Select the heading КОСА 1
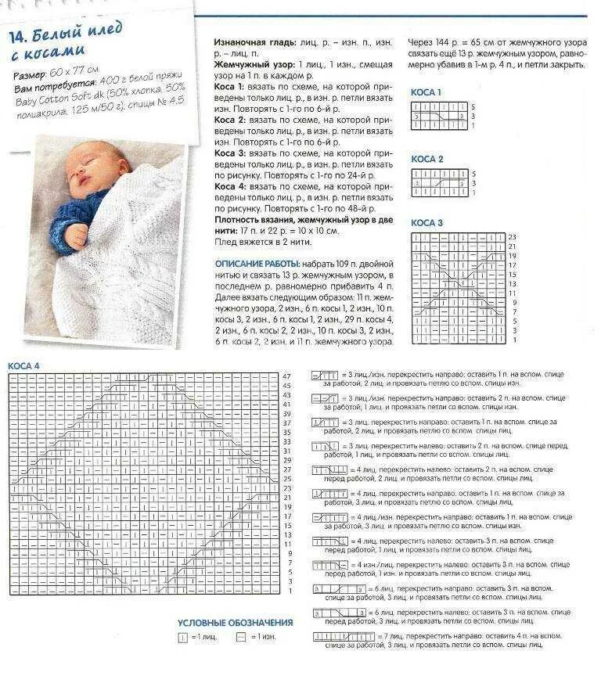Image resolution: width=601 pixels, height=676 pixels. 426,92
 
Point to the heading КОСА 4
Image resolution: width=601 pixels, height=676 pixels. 23,365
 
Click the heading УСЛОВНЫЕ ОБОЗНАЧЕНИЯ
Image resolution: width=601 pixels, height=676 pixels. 235,623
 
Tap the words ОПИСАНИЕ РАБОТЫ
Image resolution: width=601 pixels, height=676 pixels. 252,264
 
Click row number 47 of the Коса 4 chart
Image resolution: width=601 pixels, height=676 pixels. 286,376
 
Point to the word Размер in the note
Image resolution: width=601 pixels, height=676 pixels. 30,77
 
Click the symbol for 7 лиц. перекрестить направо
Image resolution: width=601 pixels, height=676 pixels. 344,638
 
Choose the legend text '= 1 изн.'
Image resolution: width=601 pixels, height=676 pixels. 262,638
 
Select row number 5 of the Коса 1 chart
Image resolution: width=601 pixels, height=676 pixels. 473,106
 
